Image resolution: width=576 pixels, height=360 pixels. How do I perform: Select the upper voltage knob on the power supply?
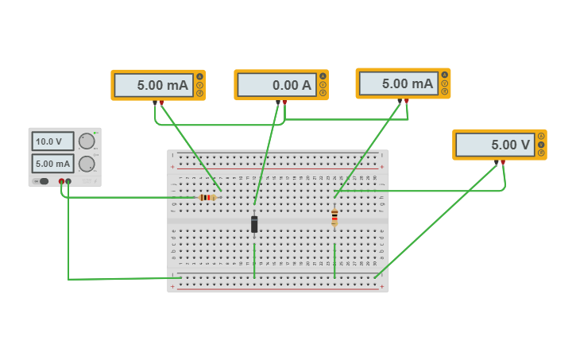click(87, 141)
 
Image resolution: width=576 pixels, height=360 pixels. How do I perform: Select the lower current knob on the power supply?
click(87, 165)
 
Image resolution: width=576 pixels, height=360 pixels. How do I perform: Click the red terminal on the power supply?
click(61, 182)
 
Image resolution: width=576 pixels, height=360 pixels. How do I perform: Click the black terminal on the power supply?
click(68, 182)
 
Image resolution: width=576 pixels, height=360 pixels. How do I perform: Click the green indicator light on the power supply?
click(95, 133)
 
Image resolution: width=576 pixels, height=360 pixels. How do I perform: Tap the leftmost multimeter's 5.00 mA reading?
click(153, 85)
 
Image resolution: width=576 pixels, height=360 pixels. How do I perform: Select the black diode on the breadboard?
click(254, 224)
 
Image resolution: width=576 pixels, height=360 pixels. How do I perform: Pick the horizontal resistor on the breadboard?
click(207, 197)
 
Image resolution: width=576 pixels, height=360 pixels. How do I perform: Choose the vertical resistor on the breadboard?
click(334, 217)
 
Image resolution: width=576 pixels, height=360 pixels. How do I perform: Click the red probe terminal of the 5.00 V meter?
click(503, 162)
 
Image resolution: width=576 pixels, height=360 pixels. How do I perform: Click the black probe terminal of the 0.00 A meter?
click(278, 102)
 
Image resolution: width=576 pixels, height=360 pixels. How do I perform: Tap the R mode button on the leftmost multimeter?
click(199, 93)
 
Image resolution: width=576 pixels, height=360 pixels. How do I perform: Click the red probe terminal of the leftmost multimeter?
click(161, 103)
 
